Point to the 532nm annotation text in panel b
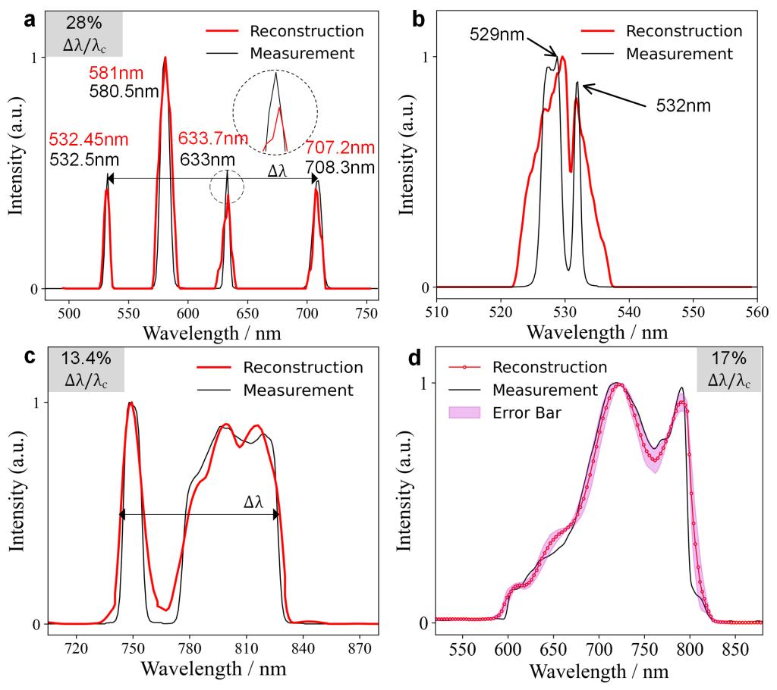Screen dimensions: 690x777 click(683, 105)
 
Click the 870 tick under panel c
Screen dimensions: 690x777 click(358, 650)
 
